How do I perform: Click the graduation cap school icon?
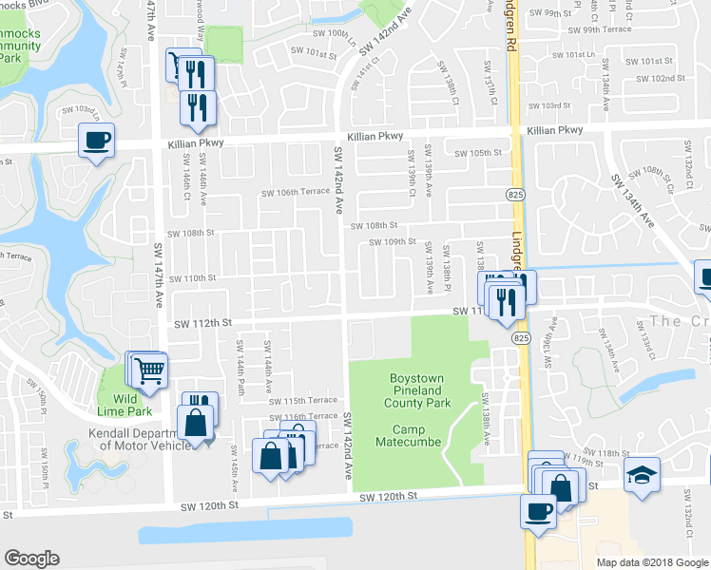(x=643, y=474)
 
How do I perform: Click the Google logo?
(x=31, y=559)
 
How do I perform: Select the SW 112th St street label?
(x=202, y=323)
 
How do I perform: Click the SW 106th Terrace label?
(x=296, y=193)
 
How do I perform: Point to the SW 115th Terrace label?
(x=303, y=401)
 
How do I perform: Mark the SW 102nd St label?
(x=662, y=77)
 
